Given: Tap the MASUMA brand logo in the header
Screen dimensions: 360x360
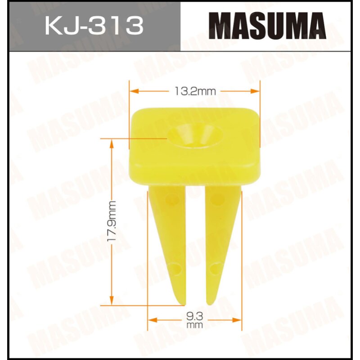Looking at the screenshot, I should click(270, 26).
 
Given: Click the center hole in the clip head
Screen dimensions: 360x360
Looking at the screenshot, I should click(195, 135).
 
